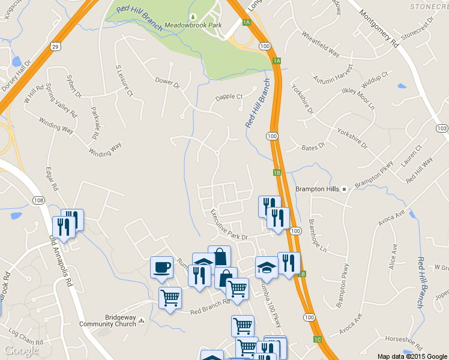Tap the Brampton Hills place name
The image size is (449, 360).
318,189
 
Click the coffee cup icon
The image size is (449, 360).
161,267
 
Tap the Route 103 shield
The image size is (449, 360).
442,128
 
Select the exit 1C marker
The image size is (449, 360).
318,340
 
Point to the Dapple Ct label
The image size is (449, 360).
229,97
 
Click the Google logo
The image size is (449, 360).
22,350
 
